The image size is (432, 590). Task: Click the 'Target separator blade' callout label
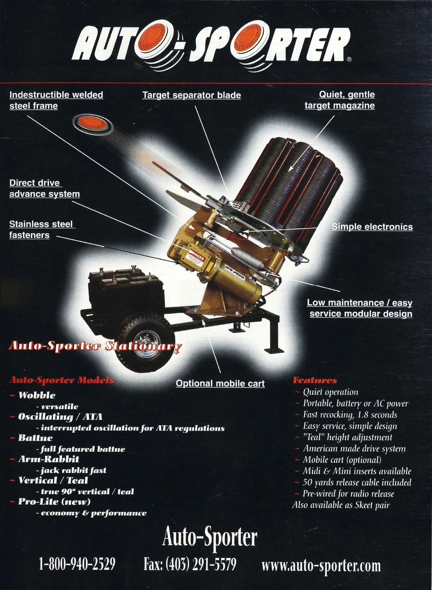tap(192, 95)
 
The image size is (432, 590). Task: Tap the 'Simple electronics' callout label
tap(372, 227)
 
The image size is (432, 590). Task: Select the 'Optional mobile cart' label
tap(220, 383)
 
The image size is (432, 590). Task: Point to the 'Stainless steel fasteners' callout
tap(42, 230)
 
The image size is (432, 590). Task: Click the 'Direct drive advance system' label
tap(45, 188)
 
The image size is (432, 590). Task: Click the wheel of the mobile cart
tap(147, 343)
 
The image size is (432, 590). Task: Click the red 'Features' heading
tap(315, 380)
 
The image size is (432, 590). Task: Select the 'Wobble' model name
tap(37, 395)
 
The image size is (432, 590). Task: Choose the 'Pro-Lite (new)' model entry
tap(54, 501)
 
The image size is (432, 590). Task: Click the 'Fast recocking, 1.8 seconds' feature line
tap(350, 414)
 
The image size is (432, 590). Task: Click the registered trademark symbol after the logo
tap(349, 59)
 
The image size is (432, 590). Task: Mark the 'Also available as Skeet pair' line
tap(341, 505)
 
